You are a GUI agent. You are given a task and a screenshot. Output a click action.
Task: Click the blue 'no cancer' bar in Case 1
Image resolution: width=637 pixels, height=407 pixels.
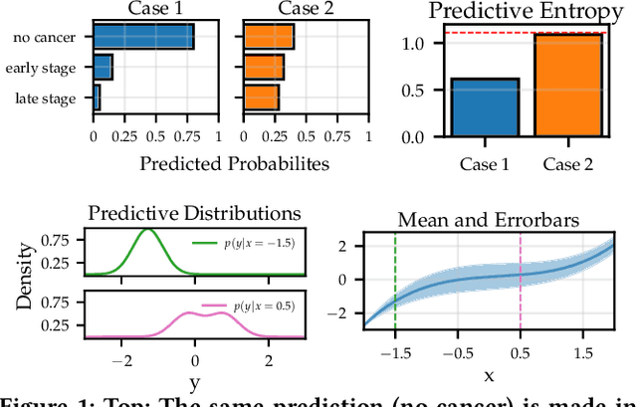(143, 38)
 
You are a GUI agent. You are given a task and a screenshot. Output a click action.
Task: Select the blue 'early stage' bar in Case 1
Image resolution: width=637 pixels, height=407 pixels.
(103, 68)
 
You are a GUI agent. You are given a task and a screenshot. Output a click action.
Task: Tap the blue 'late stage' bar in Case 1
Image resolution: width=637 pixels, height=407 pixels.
(97, 98)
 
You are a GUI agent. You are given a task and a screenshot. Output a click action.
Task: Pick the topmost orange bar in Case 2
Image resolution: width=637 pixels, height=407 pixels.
(269, 38)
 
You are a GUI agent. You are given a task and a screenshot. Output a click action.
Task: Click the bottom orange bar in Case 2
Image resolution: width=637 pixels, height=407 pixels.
(262, 98)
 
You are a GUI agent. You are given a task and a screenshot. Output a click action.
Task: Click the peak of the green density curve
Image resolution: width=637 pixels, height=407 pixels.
(149, 231)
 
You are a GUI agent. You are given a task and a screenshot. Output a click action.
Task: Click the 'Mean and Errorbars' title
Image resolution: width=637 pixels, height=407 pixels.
(488, 220)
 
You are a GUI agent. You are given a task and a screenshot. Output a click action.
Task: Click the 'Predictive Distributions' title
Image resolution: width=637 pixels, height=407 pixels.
(194, 213)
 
